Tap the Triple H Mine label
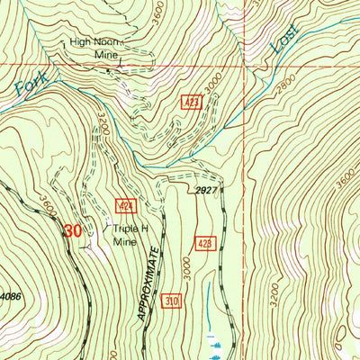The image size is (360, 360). point(129,235)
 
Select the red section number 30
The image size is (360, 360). point(73,231)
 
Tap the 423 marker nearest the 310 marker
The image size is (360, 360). point(204,244)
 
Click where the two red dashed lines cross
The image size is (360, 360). point(244,66)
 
